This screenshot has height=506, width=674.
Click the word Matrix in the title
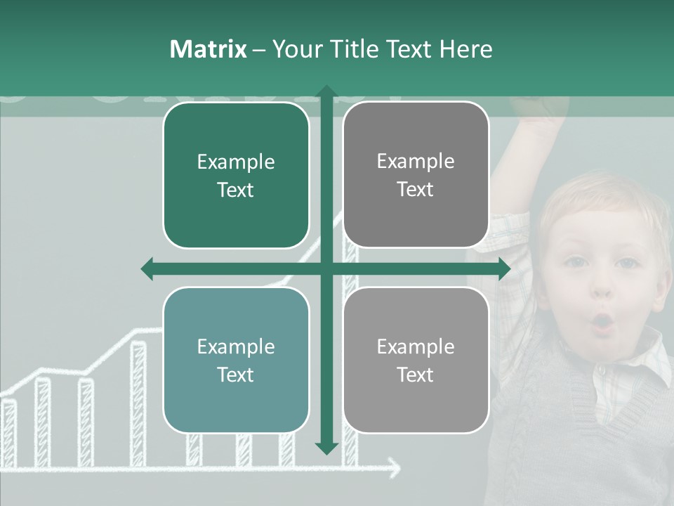[x=209, y=49]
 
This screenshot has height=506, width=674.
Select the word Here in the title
[x=465, y=49]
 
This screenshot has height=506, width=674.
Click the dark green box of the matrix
[x=236, y=175]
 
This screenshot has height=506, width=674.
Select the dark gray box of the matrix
[x=416, y=175]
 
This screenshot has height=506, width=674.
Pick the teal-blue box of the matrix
[x=236, y=360]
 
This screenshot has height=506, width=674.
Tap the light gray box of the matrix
[x=416, y=360]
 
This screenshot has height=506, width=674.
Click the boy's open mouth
[x=602, y=323]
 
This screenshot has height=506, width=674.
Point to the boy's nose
[x=602, y=289]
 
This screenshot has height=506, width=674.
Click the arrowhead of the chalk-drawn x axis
[x=395, y=466]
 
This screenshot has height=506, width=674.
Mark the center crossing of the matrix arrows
[x=326, y=268]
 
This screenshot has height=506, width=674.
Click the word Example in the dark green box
[x=236, y=162]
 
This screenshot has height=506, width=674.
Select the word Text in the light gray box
[x=416, y=375]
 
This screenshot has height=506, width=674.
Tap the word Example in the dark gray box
[x=416, y=162]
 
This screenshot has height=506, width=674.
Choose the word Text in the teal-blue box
[x=236, y=375]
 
